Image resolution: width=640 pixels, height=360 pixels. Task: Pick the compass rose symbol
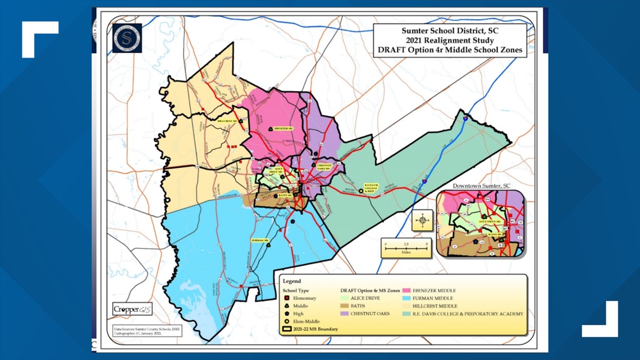[x=422, y=220]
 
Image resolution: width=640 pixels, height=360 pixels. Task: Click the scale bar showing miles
[x=405, y=248]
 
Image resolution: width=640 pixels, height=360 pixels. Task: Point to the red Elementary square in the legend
[x=287, y=298]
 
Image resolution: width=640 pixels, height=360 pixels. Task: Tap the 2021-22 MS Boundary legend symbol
[x=288, y=329]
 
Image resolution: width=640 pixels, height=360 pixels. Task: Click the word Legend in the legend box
[x=291, y=281]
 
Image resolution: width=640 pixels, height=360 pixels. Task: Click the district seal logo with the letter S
[x=127, y=38]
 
